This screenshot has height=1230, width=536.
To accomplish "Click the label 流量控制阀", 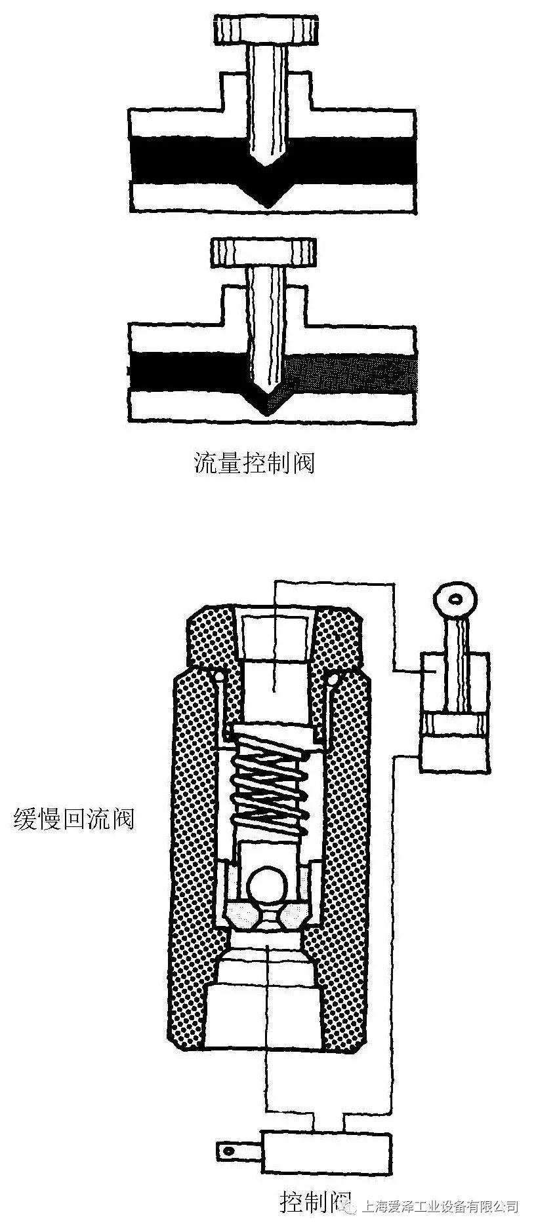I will click(255, 463).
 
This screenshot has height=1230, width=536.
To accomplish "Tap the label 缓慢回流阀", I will click(74, 818).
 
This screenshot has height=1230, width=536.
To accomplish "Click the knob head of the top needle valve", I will click(267, 29).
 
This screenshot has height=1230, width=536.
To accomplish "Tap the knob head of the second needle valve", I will click(263, 252).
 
